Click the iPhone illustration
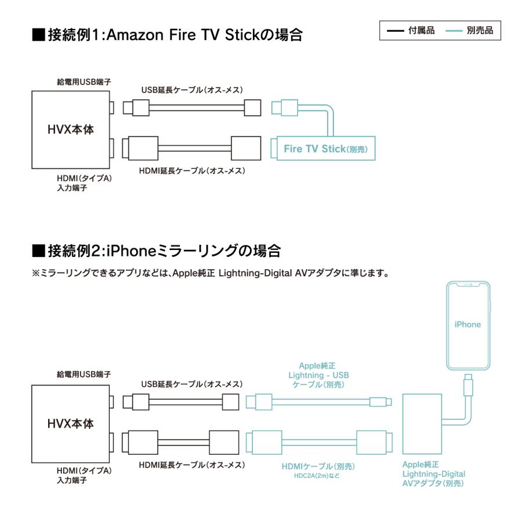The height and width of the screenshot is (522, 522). pos(467,325)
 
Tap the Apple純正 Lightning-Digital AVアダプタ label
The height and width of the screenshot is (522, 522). pos(433,474)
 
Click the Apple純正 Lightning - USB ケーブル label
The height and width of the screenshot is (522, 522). pos(318,375)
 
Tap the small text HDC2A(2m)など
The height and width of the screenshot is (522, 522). pos(318,476)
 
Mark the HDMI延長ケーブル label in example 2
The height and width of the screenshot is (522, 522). pos(192,465)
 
